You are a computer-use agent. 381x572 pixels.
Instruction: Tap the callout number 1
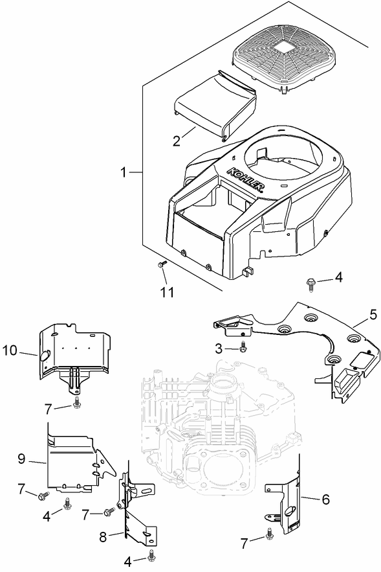pos(124,172)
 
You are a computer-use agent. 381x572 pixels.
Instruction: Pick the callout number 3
pos(220,349)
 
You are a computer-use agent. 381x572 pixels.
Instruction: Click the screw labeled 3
pos(243,347)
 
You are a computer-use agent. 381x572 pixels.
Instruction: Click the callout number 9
pos(21,459)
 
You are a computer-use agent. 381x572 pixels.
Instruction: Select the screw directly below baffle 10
pos(76,404)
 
